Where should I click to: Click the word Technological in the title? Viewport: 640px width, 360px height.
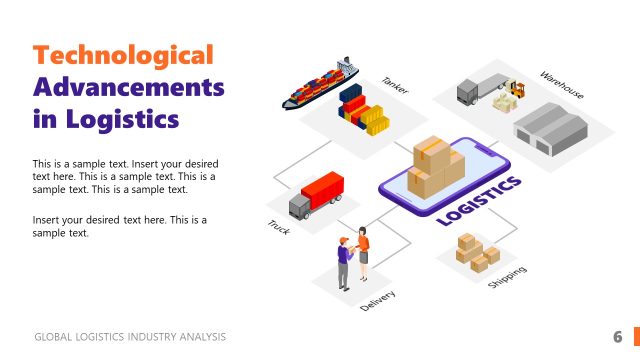[124, 55]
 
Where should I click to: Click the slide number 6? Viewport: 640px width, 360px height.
[618, 336]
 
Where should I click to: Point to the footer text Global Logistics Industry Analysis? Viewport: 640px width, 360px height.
[130, 337]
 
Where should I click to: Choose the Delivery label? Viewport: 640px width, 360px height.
[378, 300]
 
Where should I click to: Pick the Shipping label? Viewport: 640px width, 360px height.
[507, 277]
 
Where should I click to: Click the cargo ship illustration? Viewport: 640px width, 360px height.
[319, 84]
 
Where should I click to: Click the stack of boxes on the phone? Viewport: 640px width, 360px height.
[436, 166]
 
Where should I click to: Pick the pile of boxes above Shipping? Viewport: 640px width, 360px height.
[477, 251]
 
